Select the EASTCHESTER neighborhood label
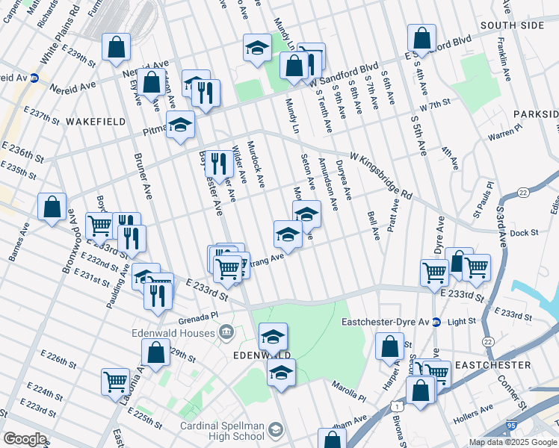492,365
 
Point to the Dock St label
525,233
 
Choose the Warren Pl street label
504,134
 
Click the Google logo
25,438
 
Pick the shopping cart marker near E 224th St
115,381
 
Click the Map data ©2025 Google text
512,442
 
